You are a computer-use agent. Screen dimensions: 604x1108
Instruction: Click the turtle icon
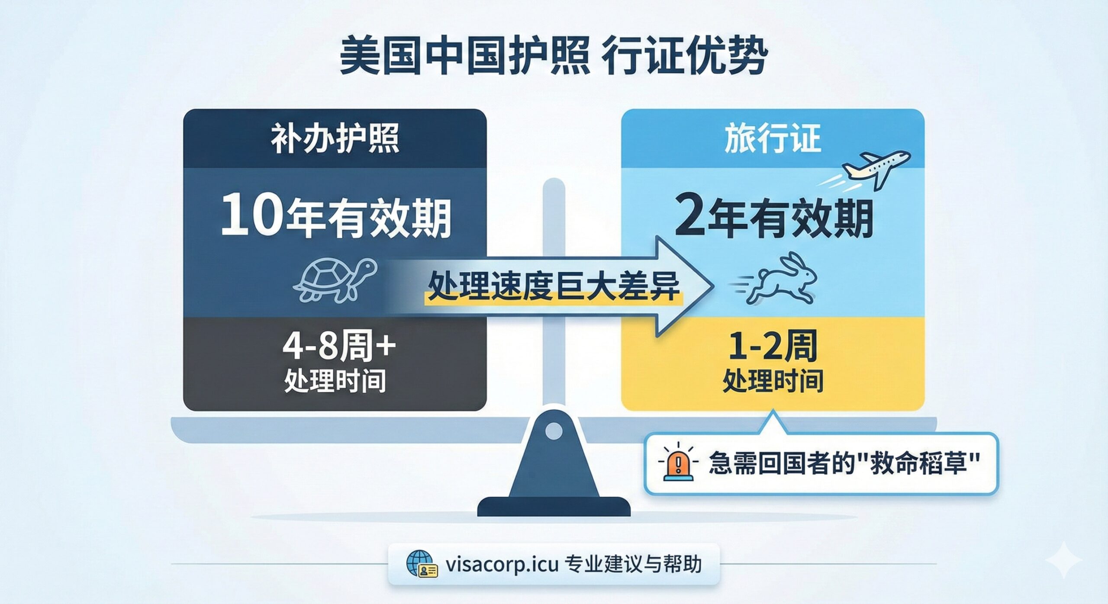click(x=335, y=280)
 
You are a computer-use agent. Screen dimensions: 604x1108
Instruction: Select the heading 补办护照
click(x=335, y=138)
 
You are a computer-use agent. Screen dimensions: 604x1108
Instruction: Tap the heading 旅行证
click(x=773, y=138)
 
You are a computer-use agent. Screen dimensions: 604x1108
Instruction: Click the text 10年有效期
click(x=336, y=218)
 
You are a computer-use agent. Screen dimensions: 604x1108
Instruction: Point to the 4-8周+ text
click(x=339, y=347)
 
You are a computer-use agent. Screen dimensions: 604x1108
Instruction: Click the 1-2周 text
click(x=773, y=347)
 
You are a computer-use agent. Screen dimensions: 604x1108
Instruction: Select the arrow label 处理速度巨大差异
click(x=554, y=287)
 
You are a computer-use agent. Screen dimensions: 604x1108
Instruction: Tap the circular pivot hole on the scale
click(x=554, y=431)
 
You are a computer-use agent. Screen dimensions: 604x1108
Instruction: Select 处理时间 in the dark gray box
click(x=335, y=381)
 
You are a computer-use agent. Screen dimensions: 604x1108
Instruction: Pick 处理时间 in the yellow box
click(x=773, y=381)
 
